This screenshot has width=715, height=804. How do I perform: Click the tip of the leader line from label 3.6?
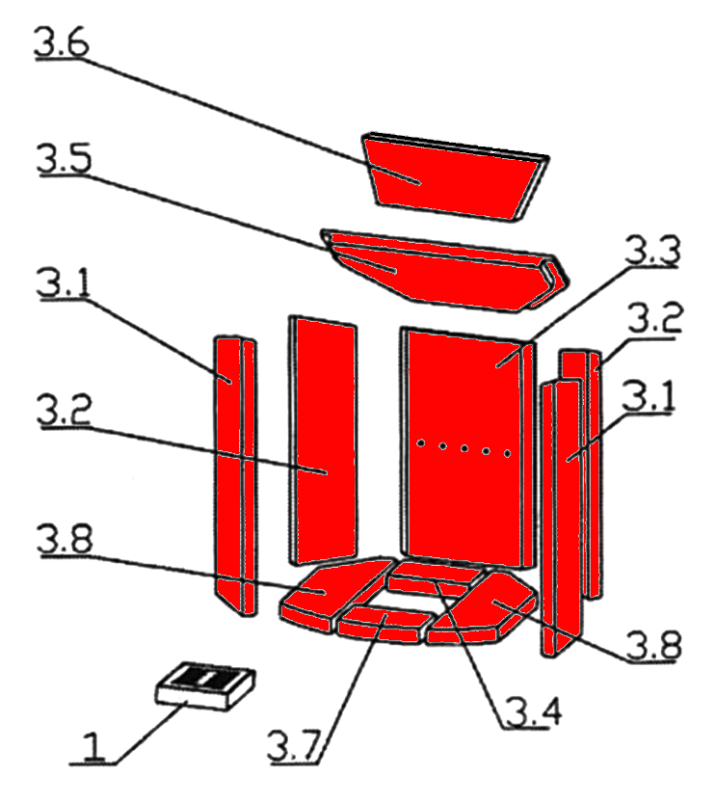[x=420, y=183]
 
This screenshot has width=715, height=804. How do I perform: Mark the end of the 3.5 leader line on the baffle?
[x=395, y=272]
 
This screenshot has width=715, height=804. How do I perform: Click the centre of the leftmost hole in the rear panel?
[x=420, y=442]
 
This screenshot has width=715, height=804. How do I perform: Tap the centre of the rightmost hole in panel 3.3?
[x=508, y=453]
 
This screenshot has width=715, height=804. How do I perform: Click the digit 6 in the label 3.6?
[x=76, y=42]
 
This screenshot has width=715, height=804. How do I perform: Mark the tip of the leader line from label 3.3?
[x=496, y=367]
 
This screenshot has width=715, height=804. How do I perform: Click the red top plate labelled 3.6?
[x=455, y=176]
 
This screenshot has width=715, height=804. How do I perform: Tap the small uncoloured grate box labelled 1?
[x=205, y=686]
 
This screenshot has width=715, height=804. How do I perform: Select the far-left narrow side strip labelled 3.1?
[x=235, y=475]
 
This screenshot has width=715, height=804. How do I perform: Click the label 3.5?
[x=64, y=158]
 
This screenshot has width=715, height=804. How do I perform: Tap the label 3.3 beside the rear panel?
[x=652, y=251]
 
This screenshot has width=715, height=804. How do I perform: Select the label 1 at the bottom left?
[x=93, y=746]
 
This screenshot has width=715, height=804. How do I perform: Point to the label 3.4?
[x=534, y=711]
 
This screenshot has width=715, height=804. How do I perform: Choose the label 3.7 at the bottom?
[x=295, y=746]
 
